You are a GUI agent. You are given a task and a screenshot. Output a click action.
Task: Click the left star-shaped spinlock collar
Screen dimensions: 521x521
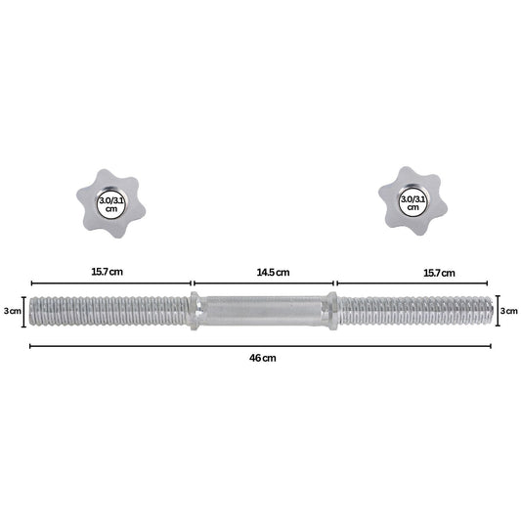coord(110,203)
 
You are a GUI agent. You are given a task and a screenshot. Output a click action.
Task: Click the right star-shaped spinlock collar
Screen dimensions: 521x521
coord(412,201)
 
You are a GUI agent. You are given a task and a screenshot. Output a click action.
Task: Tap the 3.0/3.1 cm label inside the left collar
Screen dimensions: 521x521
coord(111,204)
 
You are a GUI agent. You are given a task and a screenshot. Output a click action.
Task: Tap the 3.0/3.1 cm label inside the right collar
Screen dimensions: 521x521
coord(412,203)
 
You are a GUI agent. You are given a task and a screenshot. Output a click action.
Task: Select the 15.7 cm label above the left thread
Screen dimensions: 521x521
coord(107,272)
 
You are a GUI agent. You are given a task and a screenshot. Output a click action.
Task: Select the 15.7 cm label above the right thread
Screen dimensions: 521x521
coord(439,273)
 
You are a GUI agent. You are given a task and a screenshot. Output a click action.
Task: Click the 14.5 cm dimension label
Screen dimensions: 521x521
coord(273,273)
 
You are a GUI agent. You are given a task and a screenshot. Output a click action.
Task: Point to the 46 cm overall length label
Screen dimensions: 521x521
coord(263,358)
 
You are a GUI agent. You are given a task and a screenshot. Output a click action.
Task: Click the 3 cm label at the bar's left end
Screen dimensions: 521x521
coord(13,311)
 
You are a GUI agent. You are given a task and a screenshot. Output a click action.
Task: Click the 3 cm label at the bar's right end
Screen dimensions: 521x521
coord(509,311)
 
